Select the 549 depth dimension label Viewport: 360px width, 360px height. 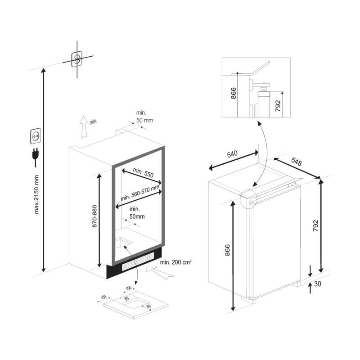(x=296, y=160)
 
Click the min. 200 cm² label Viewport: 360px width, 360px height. (x=175, y=261)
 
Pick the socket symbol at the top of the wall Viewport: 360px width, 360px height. (x=76, y=58)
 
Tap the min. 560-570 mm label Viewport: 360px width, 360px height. (x=140, y=195)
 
